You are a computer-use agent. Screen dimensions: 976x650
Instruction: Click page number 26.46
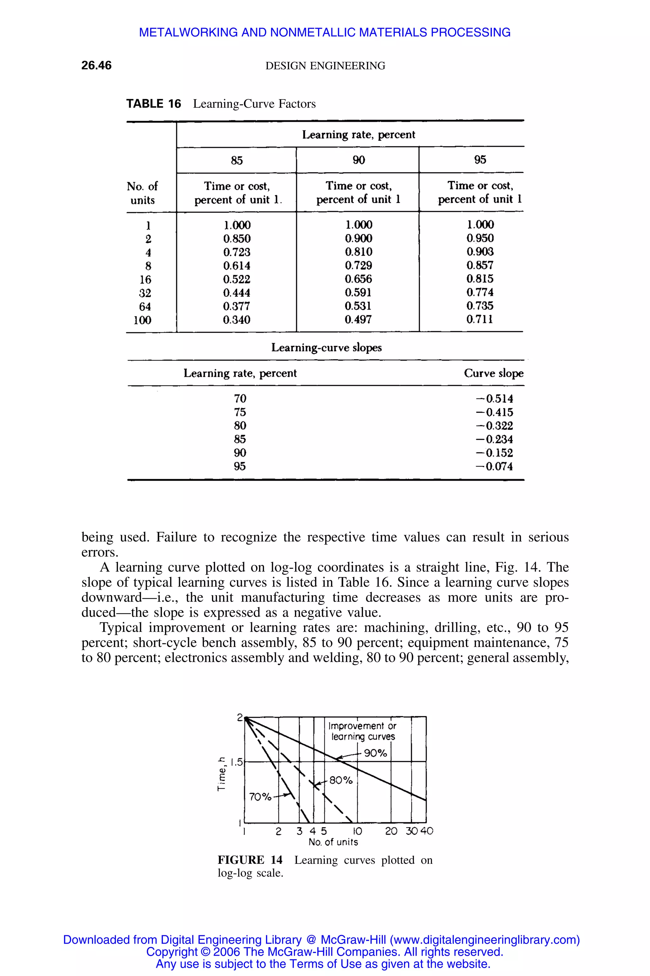pyautogui.click(x=96, y=65)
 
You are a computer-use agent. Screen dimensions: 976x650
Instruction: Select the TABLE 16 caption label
pyautogui.click(x=153, y=104)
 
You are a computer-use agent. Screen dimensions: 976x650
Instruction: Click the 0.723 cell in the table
pyautogui.click(x=237, y=252)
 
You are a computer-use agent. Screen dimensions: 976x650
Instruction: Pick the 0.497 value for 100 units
pyautogui.click(x=358, y=320)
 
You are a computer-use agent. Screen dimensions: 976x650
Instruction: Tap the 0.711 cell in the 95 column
pyautogui.click(x=480, y=319)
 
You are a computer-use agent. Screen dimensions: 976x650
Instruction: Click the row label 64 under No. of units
pyautogui.click(x=145, y=307)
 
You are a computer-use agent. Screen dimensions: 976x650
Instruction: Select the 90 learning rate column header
pyautogui.click(x=359, y=160)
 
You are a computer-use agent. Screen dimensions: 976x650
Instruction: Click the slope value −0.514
pyautogui.click(x=494, y=399)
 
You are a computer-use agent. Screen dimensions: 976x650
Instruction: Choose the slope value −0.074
pyautogui.click(x=494, y=466)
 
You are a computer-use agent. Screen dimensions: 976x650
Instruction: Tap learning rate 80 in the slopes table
pyautogui.click(x=240, y=426)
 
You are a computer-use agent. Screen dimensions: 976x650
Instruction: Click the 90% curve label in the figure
pyautogui.click(x=375, y=753)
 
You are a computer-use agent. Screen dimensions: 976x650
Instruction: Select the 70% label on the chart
pyautogui.click(x=260, y=797)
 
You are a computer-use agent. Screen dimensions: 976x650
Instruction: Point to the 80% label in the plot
pyautogui.click(x=341, y=780)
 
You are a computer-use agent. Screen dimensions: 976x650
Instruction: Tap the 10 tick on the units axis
pyautogui.click(x=357, y=831)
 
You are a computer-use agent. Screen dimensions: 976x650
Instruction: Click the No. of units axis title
pyautogui.click(x=333, y=842)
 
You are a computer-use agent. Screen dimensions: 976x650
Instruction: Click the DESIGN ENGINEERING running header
pyautogui.click(x=325, y=65)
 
